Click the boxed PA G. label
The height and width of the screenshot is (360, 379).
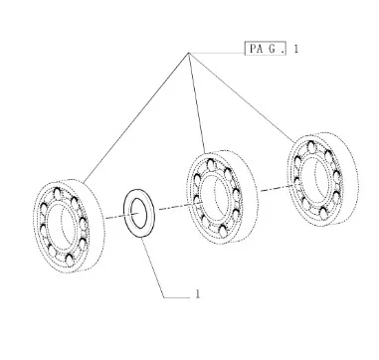(x=266, y=49)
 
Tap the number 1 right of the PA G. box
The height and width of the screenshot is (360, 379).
(x=296, y=49)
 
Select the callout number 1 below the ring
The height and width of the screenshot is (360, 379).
(x=198, y=294)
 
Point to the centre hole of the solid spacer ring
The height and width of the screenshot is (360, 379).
(x=139, y=213)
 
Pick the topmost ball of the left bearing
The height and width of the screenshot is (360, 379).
(x=58, y=193)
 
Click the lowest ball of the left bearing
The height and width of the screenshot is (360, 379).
(x=70, y=260)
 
